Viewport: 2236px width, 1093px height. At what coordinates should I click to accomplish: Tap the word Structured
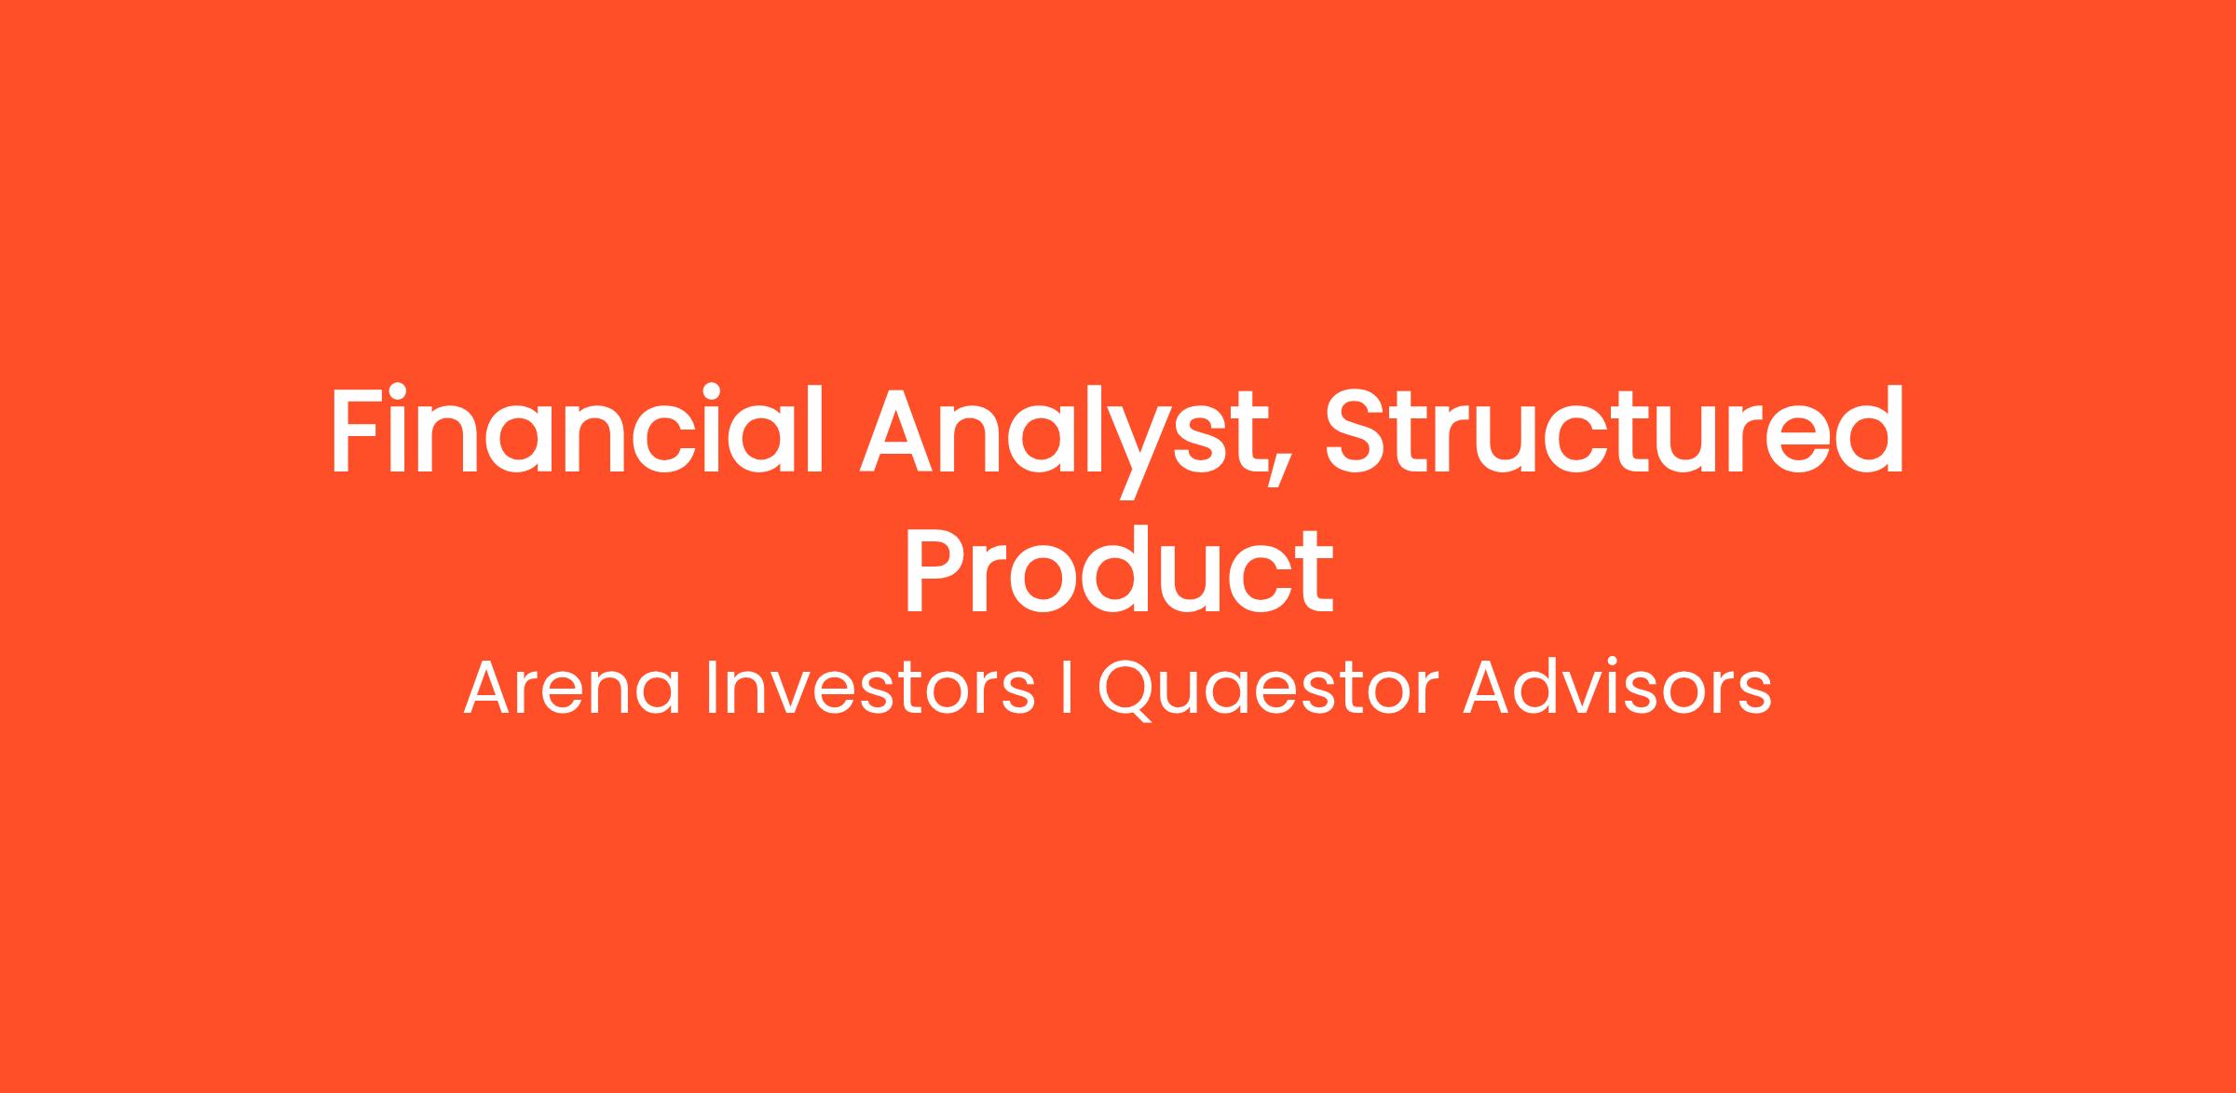(x=1615, y=430)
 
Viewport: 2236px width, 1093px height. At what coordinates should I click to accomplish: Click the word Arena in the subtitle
(x=571, y=689)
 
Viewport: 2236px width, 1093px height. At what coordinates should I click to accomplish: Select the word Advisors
(x=1616, y=689)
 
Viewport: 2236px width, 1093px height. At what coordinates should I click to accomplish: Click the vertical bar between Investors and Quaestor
(x=1066, y=689)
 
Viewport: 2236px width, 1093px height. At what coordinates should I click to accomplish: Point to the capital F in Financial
(x=360, y=430)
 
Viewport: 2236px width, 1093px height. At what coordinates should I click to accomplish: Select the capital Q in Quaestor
(x=1128, y=690)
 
